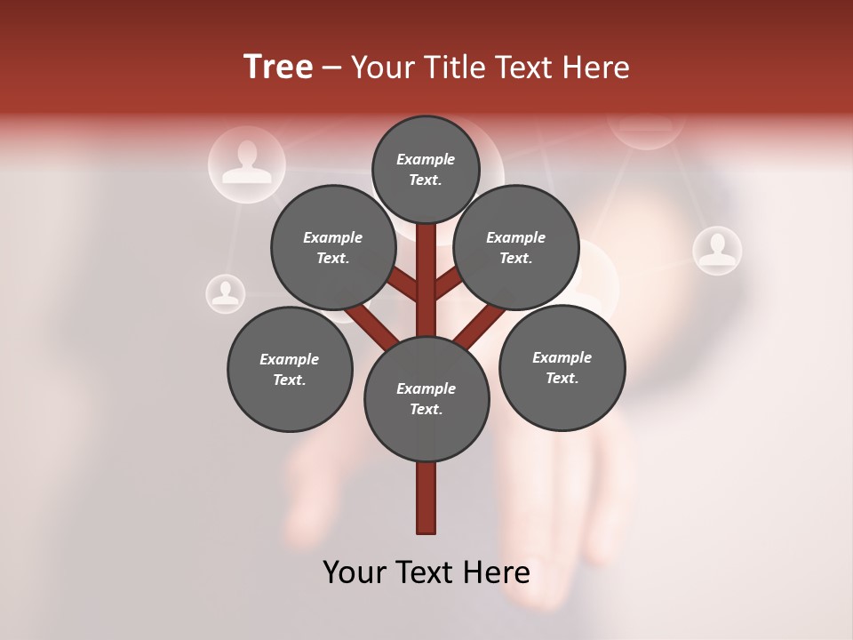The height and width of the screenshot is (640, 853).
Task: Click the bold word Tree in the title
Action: pyautogui.click(x=278, y=68)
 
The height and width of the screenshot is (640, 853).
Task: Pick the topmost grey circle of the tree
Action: pyautogui.click(x=426, y=169)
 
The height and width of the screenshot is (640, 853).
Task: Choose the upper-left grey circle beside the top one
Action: pyautogui.click(x=332, y=247)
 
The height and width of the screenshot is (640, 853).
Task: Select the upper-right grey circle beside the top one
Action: pyautogui.click(x=516, y=247)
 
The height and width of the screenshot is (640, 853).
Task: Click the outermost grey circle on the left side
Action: pyautogui.click(x=290, y=369)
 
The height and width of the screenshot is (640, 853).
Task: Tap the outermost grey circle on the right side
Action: pyautogui.click(x=562, y=367)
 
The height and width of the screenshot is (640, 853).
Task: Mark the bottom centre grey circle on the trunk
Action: pyautogui.click(x=426, y=398)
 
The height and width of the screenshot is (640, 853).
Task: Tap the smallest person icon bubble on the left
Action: pyautogui.click(x=226, y=293)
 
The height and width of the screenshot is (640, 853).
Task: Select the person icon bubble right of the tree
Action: pyautogui.click(x=717, y=251)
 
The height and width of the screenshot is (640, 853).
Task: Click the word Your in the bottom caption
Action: pyautogui.click(x=355, y=572)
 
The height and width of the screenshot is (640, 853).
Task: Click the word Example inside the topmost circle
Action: pyautogui.click(x=426, y=159)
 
